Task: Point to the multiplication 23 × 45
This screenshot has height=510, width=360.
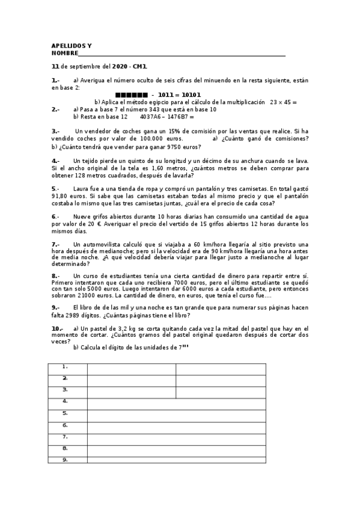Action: point(281,102)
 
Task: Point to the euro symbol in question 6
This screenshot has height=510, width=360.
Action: point(100,224)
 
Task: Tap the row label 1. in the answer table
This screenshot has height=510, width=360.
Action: point(65,366)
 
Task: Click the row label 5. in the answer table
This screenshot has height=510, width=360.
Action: point(65,413)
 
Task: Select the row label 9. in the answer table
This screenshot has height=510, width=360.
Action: point(65,460)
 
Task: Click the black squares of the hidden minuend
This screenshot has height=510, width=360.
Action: point(130,95)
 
